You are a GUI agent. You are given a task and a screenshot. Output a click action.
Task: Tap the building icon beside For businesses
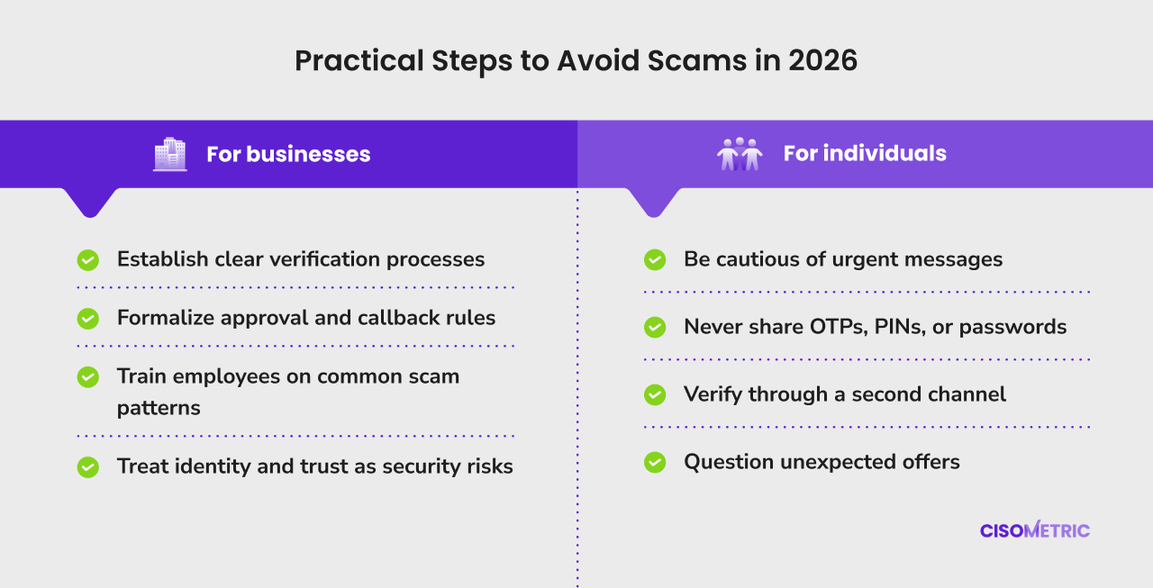coord(170,154)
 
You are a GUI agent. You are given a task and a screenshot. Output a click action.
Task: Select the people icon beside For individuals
coord(740,153)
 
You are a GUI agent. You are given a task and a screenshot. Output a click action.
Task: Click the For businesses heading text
coord(288,154)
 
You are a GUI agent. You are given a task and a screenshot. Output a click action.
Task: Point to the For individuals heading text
coord(865,153)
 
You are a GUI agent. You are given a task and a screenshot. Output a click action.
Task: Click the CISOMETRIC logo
coord(1035,529)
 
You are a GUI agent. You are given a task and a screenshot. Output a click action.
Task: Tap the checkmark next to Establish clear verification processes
coord(88,260)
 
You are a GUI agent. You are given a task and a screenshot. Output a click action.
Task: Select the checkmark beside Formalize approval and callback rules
coord(88,319)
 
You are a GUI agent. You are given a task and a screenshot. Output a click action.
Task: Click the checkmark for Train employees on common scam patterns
coord(88,377)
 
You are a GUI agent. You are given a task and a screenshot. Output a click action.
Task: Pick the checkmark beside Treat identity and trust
coord(88,467)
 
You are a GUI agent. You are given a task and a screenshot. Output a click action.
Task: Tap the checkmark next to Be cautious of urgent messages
coord(655,260)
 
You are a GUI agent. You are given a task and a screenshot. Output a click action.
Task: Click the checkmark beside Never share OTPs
coord(655,327)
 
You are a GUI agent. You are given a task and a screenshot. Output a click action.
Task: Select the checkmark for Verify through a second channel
coord(655,394)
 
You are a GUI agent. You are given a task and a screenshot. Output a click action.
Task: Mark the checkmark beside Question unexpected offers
coord(655,462)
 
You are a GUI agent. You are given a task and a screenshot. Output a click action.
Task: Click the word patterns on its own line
coord(159,409)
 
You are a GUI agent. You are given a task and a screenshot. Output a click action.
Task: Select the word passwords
coord(1013,328)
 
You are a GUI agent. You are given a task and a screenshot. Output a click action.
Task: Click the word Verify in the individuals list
coord(713,395)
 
